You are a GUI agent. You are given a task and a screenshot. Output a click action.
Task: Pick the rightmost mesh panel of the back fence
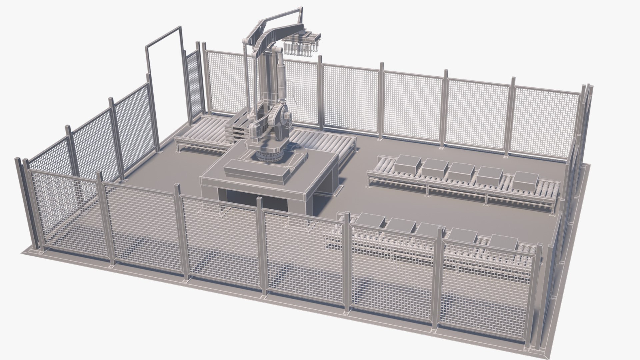tap(543, 122)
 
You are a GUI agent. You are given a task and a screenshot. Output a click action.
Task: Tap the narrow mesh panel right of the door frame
tap(193, 83)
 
